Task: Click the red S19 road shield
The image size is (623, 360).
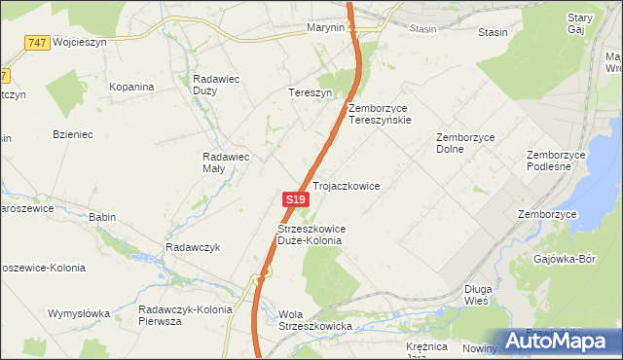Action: click(297, 198)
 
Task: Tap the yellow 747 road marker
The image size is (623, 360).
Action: click(38, 43)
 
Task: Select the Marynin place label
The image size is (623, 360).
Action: click(325, 28)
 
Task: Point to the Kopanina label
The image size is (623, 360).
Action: click(132, 87)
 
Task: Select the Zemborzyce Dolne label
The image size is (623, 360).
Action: click(465, 144)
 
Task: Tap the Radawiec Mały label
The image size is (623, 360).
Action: click(227, 162)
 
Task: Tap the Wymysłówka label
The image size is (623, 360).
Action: click(79, 314)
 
